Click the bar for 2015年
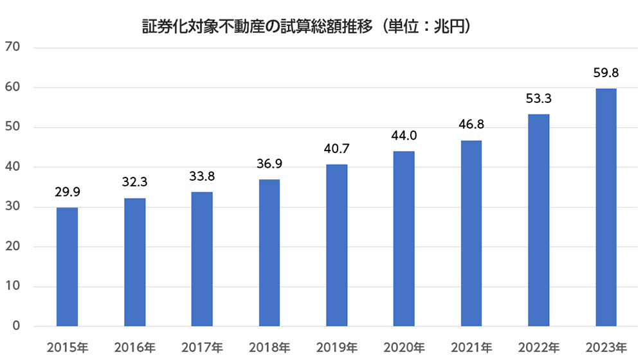click(68, 267)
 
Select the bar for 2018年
click(269, 253)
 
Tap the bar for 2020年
click(404, 239)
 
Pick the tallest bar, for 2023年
click(606, 207)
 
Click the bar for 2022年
click(539, 220)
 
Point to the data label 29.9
click(68, 192)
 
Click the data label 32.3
click(135, 183)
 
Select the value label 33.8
click(203, 176)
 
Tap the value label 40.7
click(337, 149)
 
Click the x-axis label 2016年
click(135, 348)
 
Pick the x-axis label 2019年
click(337, 348)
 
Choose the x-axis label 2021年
click(471, 348)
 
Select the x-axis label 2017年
click(203, 348)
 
